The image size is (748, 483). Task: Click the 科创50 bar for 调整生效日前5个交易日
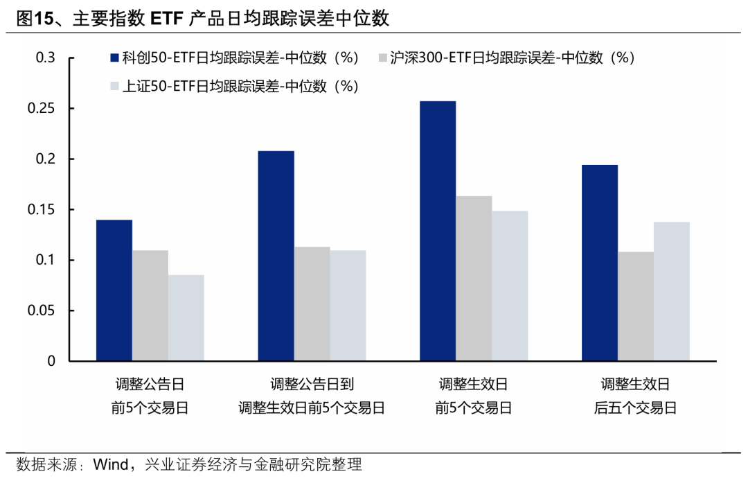pyautogui.click(x=438, y=231)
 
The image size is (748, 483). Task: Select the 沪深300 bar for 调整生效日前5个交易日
pyautogui.click(x=474, y=279)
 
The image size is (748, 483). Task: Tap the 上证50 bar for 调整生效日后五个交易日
pyautogui.click(x=672, y=291)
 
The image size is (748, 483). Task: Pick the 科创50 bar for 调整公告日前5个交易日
pyautogui.click(x=114, y=290)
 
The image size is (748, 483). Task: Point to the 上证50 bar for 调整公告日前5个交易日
pyautogui.click(x=186, y=318)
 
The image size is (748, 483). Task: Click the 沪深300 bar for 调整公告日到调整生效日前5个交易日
pyautogui.click(x=312, y=304)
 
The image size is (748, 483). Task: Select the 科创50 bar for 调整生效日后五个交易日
pyautogui.click(x=600, y=263)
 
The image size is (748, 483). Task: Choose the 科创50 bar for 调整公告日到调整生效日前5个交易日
pyautogui.click(x=276, y=256)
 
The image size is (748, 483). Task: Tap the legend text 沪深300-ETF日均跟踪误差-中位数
pyautogui.click(x=513, y=58)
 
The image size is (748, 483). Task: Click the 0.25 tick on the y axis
pyautogui.click(x=42, y=109)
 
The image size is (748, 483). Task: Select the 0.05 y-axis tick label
pyautogui.click(x=42, y=310)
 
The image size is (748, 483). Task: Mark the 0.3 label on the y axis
pyautogui.click(x=46, y=58)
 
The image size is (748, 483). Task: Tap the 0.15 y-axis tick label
pyautogui.click(x=42, y=210)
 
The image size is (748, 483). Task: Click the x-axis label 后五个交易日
pyautogui.click(x=636, y=408)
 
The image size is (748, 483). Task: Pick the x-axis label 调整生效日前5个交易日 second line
pyautogui.click(x=312, y=408)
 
